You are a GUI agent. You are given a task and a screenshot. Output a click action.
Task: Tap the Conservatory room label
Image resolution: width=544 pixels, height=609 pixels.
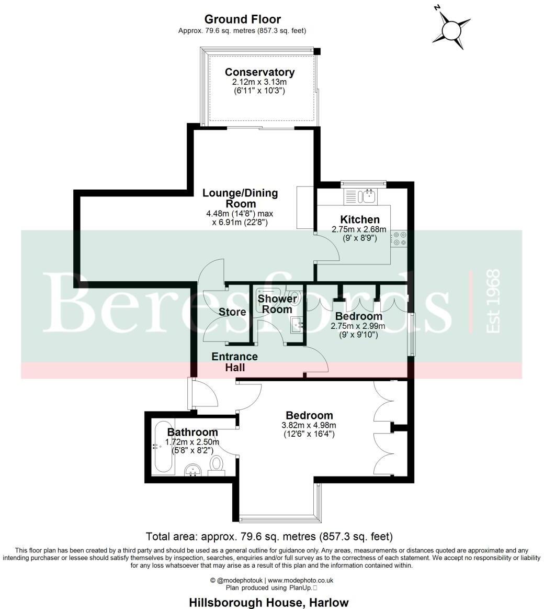259,72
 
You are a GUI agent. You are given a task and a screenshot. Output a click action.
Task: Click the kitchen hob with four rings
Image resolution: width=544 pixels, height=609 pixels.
401,238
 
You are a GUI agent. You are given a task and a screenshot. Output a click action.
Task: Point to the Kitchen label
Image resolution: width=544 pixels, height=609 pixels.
360,219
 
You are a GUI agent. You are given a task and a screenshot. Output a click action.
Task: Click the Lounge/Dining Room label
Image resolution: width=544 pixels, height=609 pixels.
240,198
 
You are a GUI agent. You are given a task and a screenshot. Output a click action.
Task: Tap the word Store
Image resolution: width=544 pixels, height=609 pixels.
232,312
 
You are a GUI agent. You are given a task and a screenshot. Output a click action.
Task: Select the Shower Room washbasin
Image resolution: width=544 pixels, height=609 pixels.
299,325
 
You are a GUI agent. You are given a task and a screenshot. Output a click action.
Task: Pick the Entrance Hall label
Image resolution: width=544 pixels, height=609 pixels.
235,362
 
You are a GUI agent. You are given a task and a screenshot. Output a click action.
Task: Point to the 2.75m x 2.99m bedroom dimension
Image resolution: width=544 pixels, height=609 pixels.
358,326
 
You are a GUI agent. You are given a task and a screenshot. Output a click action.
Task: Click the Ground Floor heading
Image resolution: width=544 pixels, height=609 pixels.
242,20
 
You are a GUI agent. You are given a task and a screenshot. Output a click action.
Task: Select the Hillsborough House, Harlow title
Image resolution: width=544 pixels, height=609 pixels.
268,602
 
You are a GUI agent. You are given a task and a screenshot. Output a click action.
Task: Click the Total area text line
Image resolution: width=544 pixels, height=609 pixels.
268,536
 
